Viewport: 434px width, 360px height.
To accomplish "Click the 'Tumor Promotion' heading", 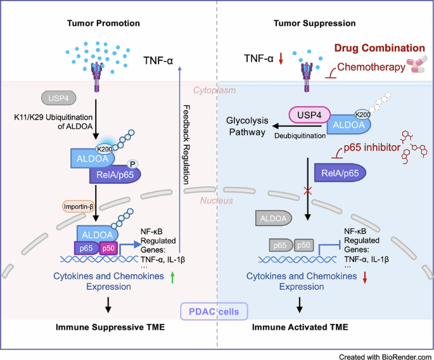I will coord(104,23).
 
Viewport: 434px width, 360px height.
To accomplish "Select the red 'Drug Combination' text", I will coord(380,48).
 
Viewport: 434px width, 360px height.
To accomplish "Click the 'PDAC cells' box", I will coord(217,311).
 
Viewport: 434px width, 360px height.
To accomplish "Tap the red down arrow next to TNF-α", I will coord(281,59).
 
